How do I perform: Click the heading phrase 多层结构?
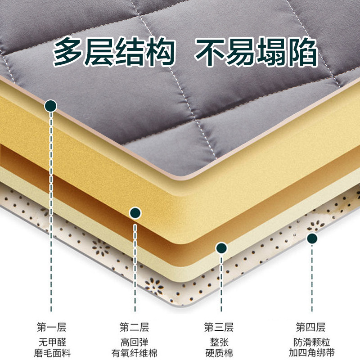click(113, 53)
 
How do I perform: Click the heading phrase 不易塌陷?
click(256, 53)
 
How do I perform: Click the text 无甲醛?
click(51, 341)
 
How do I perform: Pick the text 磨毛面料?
click(51, 352)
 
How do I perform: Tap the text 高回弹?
click(134, 341)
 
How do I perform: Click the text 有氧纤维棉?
click(134, 352)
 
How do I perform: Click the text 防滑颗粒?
click(310, 341)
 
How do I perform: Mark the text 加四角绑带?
click(310, 352)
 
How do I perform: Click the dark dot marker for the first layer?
click(51, 106)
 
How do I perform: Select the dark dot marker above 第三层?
click(220, 247)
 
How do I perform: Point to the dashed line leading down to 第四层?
click(311, 279)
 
